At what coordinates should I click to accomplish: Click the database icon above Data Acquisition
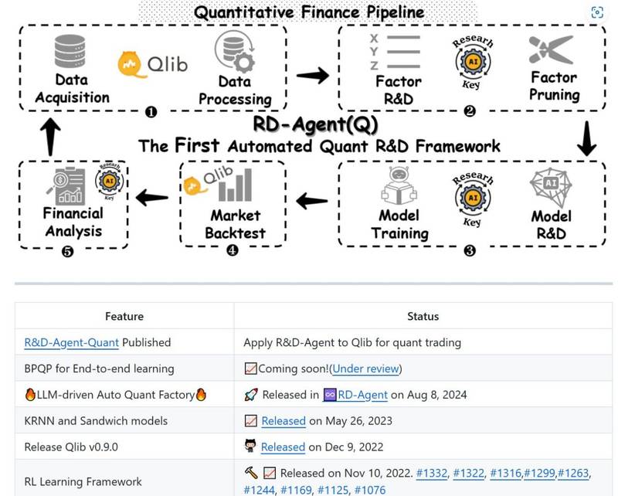click(70, 51)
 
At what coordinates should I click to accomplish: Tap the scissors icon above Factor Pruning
click(552, 49)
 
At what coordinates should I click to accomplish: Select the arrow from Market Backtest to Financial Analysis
click(152, 197)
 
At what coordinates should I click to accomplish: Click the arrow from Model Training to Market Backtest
click(312, 201)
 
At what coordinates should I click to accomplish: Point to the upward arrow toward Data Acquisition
click(50, 137)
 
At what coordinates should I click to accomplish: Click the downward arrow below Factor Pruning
click(586, 138)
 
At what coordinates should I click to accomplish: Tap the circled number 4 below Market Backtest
click(233, 250)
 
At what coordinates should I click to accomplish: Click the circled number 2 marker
click(470, 111)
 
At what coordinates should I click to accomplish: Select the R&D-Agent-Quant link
click(71, 342)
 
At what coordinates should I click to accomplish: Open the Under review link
click(365, 369)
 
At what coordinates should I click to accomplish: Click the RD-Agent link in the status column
click(362, 395)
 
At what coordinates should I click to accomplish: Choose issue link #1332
click(432, 473)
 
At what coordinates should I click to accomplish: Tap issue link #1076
click(370, 490)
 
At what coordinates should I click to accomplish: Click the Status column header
click(423, 316)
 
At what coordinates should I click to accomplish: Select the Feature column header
click(124, 316)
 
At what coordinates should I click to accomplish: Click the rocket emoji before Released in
click(251, 395)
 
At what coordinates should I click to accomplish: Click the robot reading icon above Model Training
click(399, 185)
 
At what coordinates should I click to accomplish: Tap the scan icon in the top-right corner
click(597, 12)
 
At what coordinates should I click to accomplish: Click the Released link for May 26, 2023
click(284, 421)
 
